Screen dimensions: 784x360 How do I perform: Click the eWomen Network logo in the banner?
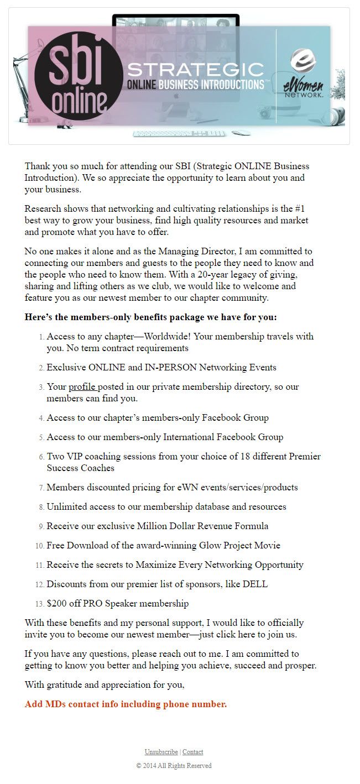click(304, 75)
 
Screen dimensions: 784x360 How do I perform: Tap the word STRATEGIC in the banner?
click(196, 69)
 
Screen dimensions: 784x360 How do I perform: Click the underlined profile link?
click(82, 387)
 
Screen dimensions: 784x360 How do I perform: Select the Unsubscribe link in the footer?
click(161, 752)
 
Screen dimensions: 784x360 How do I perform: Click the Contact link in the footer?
click(193, 752)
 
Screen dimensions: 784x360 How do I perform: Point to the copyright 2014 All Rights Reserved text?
click(174, 766)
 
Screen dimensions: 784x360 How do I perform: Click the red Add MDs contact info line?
click(126, 704)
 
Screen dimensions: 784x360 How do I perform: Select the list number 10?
click(40, 546)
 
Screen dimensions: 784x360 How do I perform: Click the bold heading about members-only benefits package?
click(151, 317)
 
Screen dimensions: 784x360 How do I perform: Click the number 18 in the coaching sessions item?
click(226, 457)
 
